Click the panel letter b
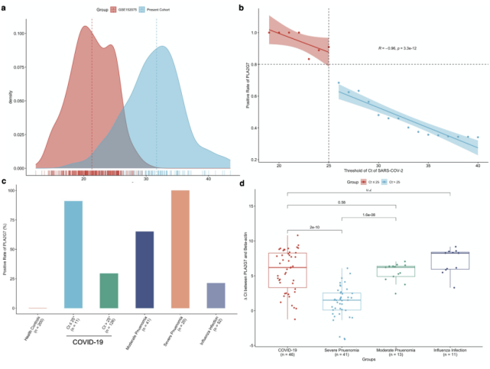coord(242,8)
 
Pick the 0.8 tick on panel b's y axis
coord(255,64)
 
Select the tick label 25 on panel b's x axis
coord(329,165)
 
